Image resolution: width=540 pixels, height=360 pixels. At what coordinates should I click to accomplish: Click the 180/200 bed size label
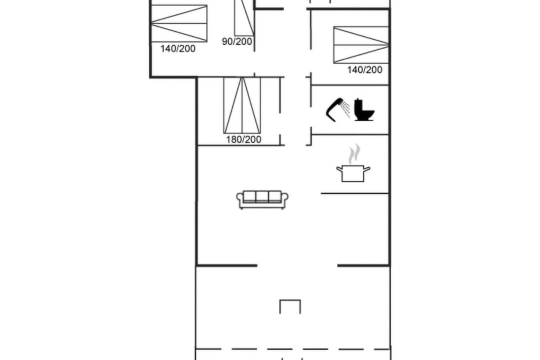[x=243, y=139]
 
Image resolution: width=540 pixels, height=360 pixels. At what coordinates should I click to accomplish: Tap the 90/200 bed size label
[x=237, y=41]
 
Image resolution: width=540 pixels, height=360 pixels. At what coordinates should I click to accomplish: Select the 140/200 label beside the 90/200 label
[x=177, y=48]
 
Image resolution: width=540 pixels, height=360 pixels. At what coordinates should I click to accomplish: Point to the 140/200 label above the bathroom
[x=364, y=70]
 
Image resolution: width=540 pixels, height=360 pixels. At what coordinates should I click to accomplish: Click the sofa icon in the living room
[x=262, y=199]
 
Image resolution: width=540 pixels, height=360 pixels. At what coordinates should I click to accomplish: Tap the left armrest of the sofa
[x=239, y=200]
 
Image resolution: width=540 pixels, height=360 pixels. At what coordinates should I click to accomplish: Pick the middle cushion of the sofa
[x=262, y=196]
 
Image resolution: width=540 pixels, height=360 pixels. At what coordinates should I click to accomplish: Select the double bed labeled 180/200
[x=242, y=105]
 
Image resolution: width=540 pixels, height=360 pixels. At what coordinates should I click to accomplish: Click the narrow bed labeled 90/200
[x=244, y=17]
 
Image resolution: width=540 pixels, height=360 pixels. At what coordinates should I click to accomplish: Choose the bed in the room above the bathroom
[x=361, y=45]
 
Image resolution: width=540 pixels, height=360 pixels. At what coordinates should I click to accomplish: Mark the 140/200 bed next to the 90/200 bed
[x=179, y=23]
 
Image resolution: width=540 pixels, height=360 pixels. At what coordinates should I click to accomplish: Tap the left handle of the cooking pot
[x=339, y=169]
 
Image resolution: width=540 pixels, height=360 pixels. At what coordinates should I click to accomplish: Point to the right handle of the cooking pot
[x=367, y=169]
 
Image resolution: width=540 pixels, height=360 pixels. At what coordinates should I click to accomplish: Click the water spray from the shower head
[x=346, y=109]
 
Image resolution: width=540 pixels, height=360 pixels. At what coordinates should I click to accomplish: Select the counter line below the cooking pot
[x=355, y=193]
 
